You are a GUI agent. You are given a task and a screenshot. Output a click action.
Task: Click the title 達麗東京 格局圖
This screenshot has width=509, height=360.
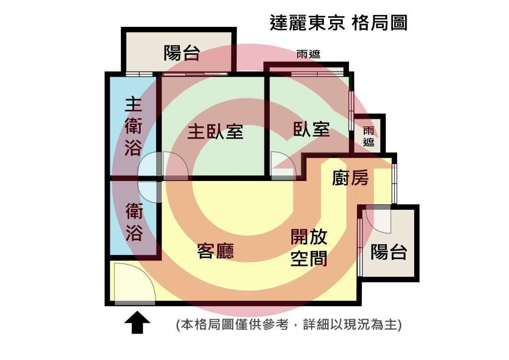pos(339,23)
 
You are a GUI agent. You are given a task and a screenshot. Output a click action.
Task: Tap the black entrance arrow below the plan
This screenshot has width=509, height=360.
pos(137,322)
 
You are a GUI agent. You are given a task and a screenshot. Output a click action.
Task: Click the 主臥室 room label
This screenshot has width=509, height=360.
pos(215,132)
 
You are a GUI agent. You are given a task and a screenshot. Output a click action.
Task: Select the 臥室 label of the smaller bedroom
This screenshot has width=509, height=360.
pos(312,129)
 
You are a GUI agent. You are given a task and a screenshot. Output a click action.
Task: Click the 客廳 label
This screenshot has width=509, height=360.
pos(216,251)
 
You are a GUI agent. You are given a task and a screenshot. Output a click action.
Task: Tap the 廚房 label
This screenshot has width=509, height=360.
pos(350,178)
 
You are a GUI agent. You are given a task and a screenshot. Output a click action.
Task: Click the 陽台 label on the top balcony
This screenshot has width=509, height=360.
pos(181,53)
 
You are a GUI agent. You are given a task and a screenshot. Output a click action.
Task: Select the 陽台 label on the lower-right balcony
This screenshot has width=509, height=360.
pos(389,252)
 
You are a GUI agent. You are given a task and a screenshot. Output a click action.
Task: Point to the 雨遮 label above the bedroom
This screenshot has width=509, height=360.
pos(308,54)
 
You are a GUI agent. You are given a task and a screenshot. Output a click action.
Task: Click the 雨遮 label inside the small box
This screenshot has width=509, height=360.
pos(368,137)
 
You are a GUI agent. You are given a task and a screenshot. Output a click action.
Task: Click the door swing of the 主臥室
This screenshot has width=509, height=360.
pos(175,165)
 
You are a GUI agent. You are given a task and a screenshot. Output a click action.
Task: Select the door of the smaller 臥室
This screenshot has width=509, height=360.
pos(283,165)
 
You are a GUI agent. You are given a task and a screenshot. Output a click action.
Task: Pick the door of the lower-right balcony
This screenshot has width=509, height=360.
pos(378,219)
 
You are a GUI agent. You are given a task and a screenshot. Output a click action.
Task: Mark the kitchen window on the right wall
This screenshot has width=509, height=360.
pos(394,184)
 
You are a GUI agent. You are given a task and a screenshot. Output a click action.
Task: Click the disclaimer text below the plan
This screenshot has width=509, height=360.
pos(289,325)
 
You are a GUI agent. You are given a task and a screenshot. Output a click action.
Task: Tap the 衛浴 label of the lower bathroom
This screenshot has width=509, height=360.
pos(134,222)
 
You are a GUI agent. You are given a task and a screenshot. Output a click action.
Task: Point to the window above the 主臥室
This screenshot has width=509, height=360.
pos(195,74)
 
